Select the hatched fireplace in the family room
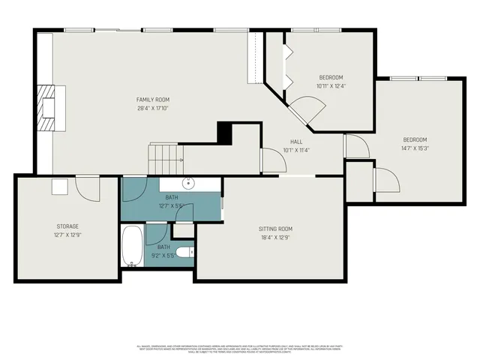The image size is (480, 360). coord(47,107)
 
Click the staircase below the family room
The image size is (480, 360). coord(165,157)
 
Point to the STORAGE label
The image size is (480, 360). coord(67,226)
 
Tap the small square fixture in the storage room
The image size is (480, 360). coord(59,187)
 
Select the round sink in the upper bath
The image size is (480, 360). coord(187,183)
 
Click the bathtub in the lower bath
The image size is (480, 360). coord(133,246)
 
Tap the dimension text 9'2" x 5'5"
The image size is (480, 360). coord(163,255)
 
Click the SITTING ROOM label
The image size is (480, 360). coord(277,229)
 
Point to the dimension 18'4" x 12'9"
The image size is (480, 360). coord(277,238)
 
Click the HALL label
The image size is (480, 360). coord(296,141)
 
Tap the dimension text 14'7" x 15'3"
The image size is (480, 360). coord(415,148)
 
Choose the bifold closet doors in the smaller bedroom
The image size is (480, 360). coord(287,65)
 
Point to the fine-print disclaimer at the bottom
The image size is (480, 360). coord(240,349)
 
